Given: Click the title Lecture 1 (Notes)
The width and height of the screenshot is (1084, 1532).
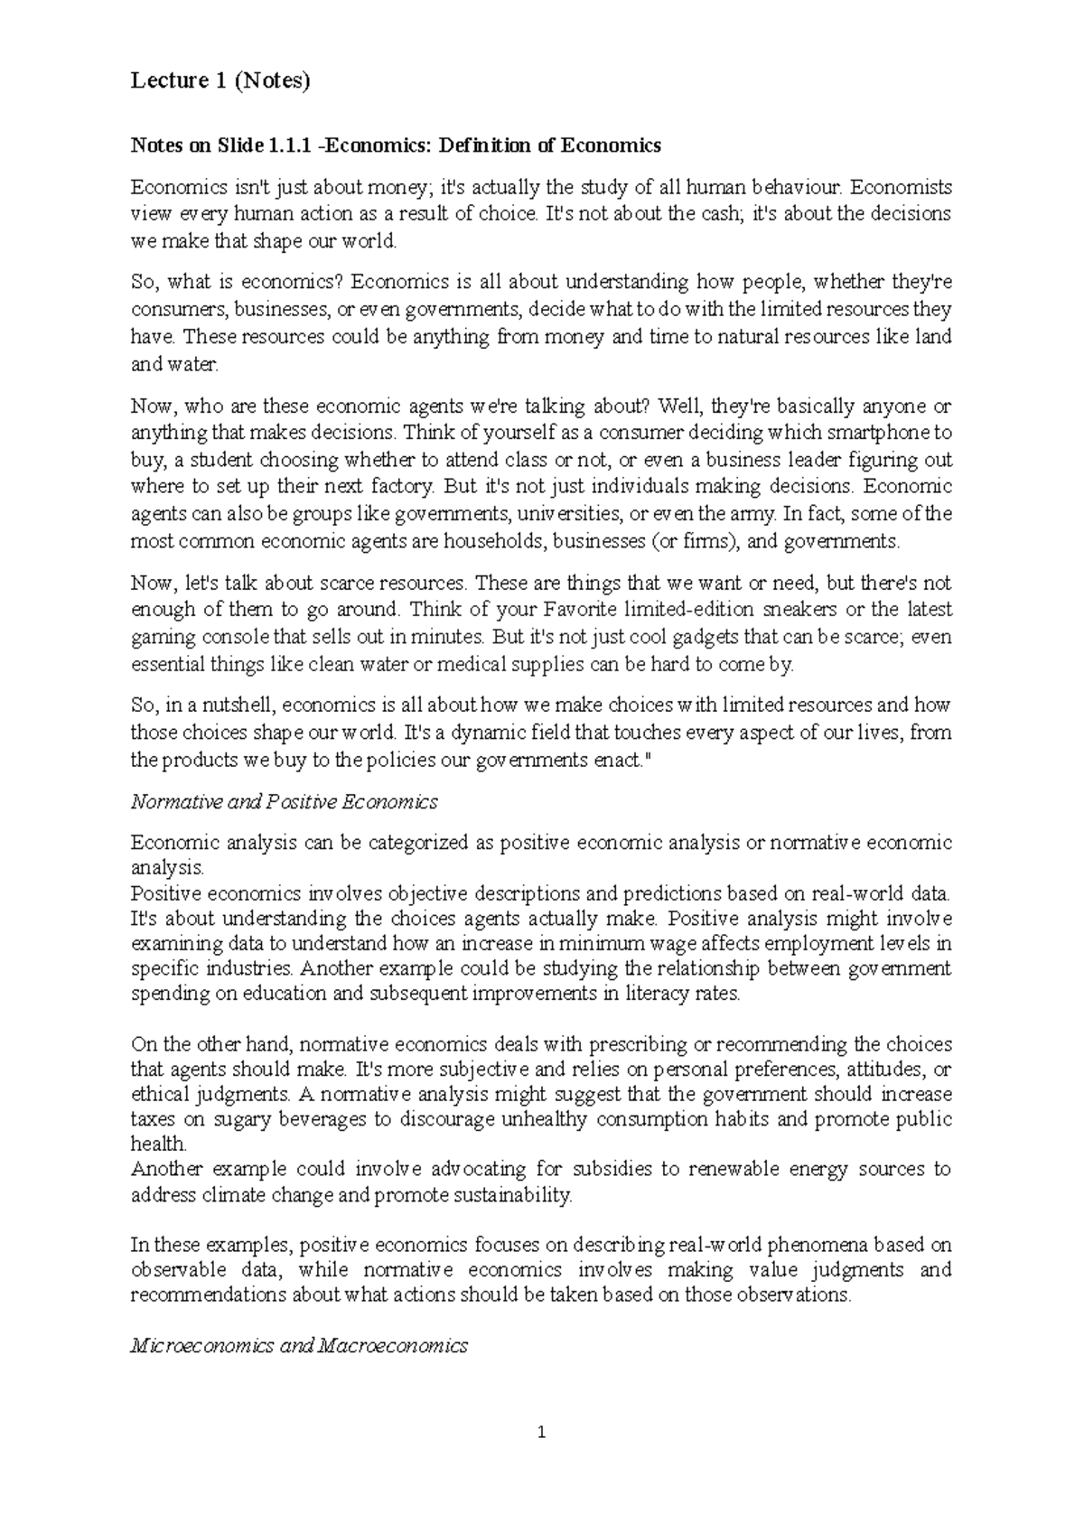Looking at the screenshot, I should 220,81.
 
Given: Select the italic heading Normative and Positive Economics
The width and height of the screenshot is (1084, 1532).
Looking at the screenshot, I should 285,801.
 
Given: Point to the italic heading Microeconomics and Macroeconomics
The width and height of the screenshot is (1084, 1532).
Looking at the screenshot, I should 299,1345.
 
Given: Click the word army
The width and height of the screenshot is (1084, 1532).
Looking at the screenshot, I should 752,514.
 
